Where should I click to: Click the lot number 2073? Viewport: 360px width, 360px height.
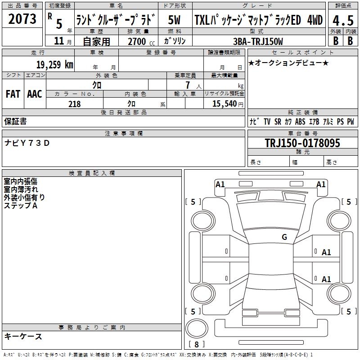pyautogui.click(x=23, y=19)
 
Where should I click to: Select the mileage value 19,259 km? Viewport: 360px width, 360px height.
pyautogui.click(x=54, y=64)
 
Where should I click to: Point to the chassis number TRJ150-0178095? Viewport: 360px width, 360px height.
pyautogui.click(x=302, y=144)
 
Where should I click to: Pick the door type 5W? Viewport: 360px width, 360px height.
pyautogui.click(x=175, y=21)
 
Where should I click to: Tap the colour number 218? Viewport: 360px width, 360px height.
pyautogui.click(x=75, y=104)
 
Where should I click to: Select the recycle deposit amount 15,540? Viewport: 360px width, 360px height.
pyautogui.click(x=224, y=104)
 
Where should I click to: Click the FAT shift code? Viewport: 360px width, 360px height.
pyautogui.click(x=13, y=94)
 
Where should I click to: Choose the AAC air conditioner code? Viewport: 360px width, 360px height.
pyautogui.click(x=34, y=94)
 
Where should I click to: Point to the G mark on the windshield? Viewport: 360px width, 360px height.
pyautogui.click(x=284, y=237)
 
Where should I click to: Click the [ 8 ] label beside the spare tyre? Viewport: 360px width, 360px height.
pyautogui.click(x=196, y=345)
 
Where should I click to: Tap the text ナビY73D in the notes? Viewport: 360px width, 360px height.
pyautogui.click(x=27, y=143)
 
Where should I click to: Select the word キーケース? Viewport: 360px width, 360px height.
pyautogui.click(x=23, y=337)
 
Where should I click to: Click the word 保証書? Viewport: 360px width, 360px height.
pyautogui.click(x=15, y=121)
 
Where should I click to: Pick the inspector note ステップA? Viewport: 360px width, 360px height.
pyautogui.click(x=21, y=206)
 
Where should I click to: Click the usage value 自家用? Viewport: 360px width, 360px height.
pyautogui.click(x=96, y=41)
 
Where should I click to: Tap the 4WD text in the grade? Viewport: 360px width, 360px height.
pyautogui.click(x=315, y=21)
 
